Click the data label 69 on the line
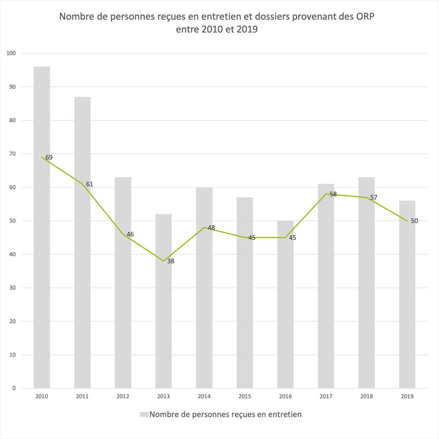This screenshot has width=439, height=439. click(x=49, y=157)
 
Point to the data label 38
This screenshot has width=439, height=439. click(x=171, y=261)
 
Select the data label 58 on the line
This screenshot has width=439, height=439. click(x=333, y=194)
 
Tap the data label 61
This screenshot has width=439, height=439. click(x=89, y=184)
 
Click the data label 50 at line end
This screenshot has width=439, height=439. click(x=414, y=221)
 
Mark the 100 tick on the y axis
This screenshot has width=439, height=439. click(x=11, y=53)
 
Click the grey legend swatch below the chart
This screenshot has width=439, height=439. click(x=144, y=415)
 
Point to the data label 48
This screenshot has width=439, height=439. click(x=211, y=227)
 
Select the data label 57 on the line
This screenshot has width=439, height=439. click(x=374, y=197)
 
